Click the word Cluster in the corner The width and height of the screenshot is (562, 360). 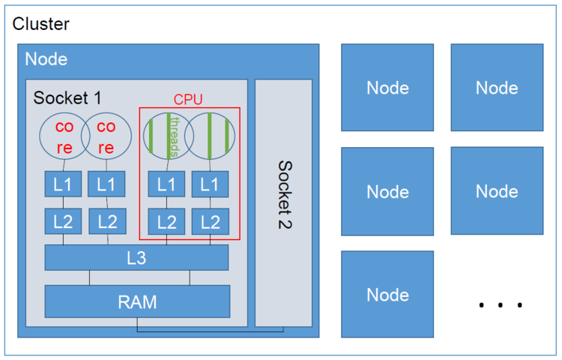(41, 24)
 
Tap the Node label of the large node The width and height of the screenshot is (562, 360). (46, 59)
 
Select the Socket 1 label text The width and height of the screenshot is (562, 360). (67, 98)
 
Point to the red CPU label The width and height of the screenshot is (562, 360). (188, 99)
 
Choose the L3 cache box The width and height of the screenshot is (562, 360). (136, 257)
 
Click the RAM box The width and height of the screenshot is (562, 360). (137, 301)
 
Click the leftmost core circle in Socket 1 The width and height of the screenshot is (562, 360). (63, 136)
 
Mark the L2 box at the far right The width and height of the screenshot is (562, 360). (211, 221)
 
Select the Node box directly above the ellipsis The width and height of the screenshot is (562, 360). (497, 191)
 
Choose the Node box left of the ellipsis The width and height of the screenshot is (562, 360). (387, 295)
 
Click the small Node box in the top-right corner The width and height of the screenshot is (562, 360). (497, 88)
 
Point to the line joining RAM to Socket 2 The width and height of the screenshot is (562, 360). (210, 329)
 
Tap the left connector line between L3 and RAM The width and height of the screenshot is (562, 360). (90, 277)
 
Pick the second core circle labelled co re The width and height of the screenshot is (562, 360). (106, 136)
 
